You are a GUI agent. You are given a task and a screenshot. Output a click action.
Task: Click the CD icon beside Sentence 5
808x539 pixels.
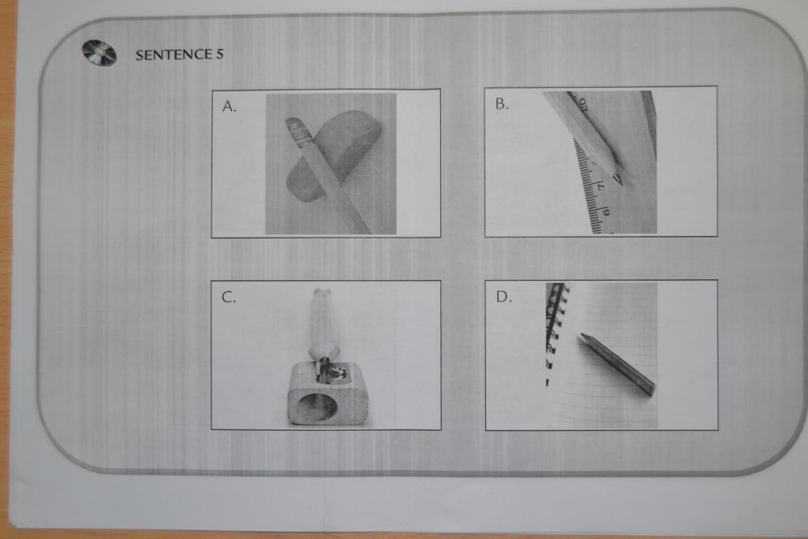tap(99, 53)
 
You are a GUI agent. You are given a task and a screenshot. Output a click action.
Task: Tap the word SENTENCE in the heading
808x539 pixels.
tap(174, 54)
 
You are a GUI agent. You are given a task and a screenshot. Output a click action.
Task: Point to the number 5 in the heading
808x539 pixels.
tap(220, 54)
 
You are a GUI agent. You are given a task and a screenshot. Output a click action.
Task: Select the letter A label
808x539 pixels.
tap(229, 107)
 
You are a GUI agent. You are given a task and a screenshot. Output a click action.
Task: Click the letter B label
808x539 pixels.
tap(501, 104)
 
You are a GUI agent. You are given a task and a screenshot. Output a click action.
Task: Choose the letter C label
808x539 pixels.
tap(228, 298)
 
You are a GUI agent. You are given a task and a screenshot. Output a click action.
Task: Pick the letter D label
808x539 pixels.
tap(503, 297)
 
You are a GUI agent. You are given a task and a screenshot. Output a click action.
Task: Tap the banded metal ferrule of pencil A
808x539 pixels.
tap(299, 132)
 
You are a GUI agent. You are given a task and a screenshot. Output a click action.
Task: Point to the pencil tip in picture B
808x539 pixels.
tap(618, 180)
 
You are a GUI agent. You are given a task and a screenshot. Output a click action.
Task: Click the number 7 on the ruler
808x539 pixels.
tap(600, 186)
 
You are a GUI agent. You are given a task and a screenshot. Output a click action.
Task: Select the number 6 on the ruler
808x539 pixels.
tap(607, 211)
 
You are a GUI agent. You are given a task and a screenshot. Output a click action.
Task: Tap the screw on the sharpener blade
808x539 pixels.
tap(340, 372)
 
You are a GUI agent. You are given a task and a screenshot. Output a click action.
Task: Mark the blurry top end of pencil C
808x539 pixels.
tap(322, 296)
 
